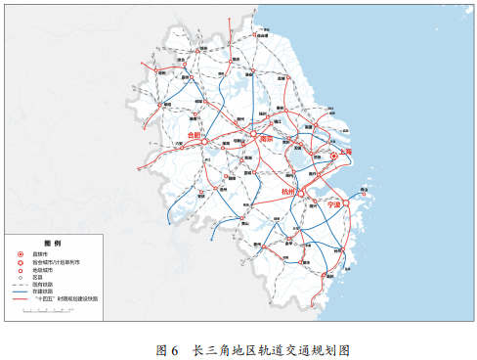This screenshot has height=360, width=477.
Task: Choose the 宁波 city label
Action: pos(334,205)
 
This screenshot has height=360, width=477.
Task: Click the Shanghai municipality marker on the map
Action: pos(333,156)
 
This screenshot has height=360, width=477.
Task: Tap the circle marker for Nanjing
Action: pos(252,134)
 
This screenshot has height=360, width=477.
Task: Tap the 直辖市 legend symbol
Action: pos(20,254)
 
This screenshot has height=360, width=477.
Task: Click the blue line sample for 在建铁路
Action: pos(22,292)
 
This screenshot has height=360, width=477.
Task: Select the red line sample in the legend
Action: pos(22,299)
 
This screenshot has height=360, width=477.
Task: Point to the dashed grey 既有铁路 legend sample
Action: pos(22,285)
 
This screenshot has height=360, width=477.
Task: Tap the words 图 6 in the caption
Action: pos(167,349)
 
